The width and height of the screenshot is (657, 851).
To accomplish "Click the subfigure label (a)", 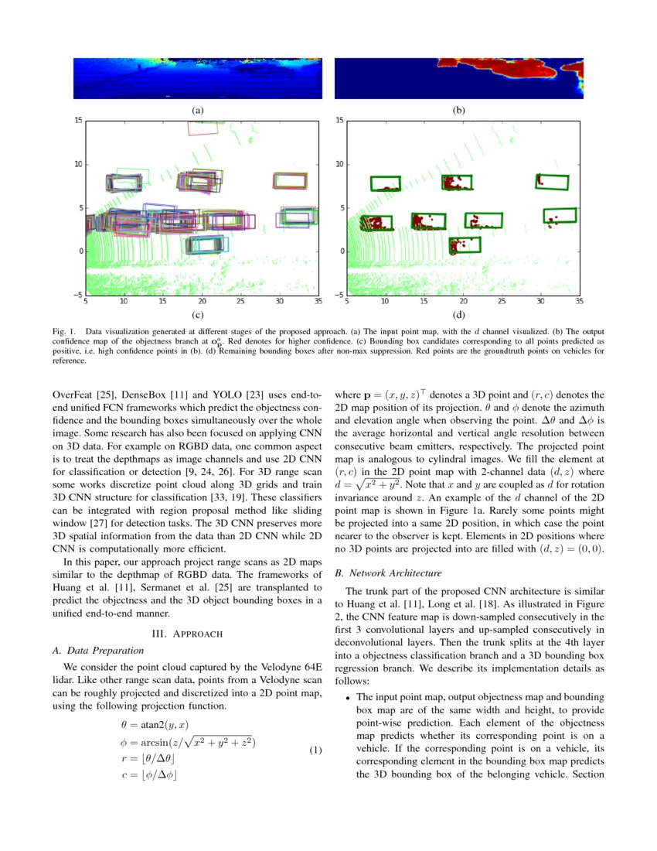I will click(x=197, y=110).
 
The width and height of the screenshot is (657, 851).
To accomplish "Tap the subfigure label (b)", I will click(x=459, y=110).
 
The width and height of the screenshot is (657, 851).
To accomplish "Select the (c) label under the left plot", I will click(x=197, y=315).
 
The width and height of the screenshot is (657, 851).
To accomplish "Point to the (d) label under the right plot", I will click(x=459, y=315).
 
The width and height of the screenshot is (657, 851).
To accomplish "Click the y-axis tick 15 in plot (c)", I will click(x=78, y=121).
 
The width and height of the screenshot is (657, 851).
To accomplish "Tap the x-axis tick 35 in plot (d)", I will click(x=579, y=302).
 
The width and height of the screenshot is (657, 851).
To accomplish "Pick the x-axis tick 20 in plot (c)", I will click(x=203, y=302).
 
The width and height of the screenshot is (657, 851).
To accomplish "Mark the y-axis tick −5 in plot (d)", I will click(x=339, y=295).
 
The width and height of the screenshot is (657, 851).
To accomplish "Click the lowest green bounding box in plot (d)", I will click(x=465, y=245).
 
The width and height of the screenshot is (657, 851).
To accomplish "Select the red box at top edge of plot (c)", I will click(x=203, y=127).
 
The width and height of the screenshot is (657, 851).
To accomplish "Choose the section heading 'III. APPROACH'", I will click(x=187, y=634).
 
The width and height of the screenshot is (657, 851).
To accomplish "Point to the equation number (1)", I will click(x=315, y=750).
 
